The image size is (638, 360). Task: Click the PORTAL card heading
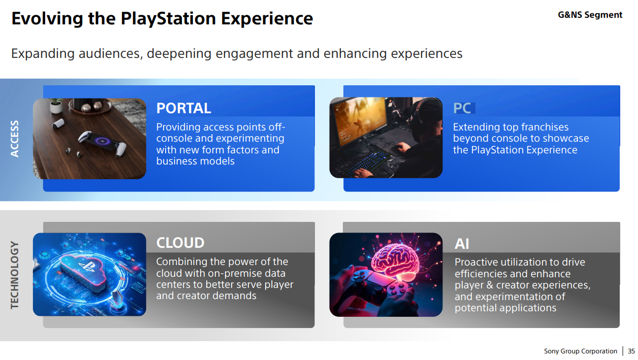[184, 108]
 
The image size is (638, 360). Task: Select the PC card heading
[462, 108]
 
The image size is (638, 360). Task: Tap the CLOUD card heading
[180, 243]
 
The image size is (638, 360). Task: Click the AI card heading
[462, 244]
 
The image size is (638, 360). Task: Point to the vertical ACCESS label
[15, 139]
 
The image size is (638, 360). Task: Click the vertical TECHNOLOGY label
[15, 275]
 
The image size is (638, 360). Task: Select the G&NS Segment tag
[590, 15]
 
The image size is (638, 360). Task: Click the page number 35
[631, 351]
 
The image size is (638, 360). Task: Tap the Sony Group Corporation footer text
[581, 351]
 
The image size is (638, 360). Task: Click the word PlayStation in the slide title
[168, 18]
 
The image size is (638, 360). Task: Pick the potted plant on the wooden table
[56, 106]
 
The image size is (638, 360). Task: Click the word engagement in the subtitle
[254, 53]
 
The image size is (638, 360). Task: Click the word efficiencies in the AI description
[481, 274]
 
